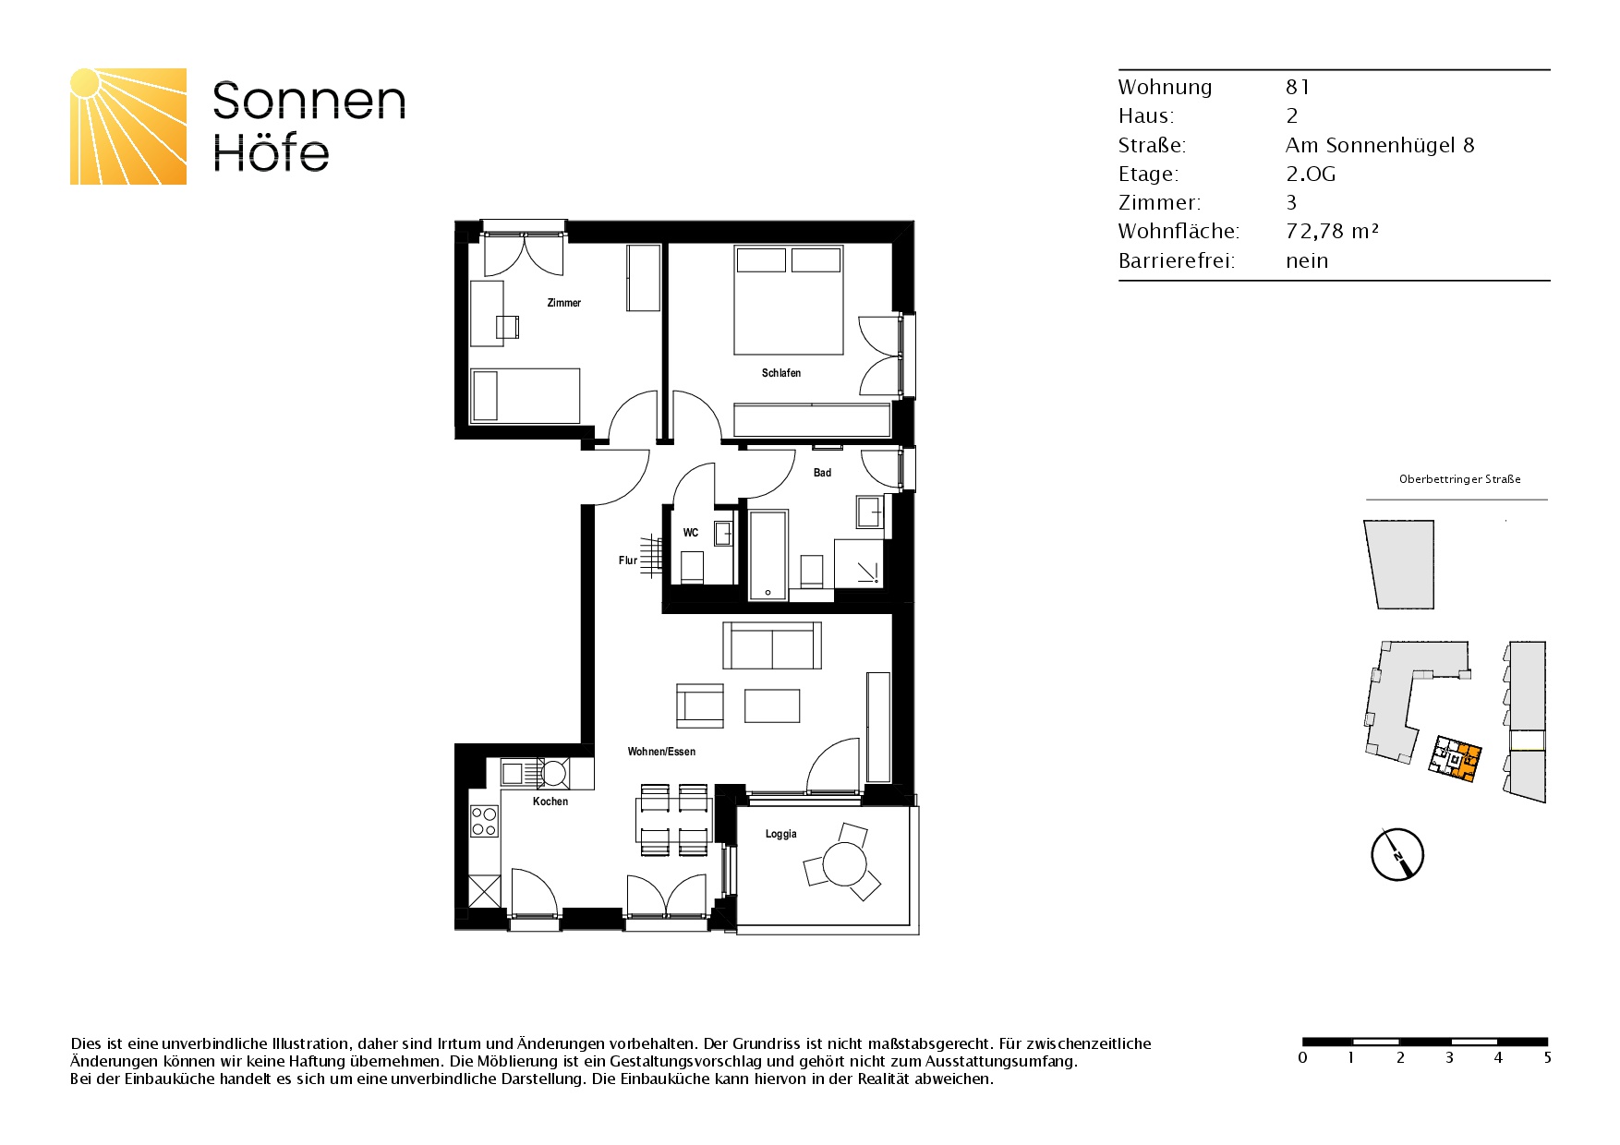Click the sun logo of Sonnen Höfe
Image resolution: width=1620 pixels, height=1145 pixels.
(x=128, y=127)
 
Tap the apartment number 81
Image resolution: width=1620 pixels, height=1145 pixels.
(x=1298, y=87)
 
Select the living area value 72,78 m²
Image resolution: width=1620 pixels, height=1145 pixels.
(x=1332, y=231)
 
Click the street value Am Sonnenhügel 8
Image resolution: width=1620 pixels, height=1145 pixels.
(x=1380, y=145)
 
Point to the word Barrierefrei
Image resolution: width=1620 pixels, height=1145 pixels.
(x=1177, y=260)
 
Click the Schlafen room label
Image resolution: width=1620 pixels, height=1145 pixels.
(x=781, y=373)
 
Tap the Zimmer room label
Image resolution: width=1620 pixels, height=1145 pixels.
(x=564, y=303)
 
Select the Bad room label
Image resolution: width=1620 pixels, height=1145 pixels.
(x=822, y=473)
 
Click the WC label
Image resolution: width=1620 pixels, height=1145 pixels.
(x=691, y=533)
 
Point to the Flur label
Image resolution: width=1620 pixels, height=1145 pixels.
(x=628, y=560)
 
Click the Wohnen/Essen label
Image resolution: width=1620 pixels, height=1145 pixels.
(x=661, y=752)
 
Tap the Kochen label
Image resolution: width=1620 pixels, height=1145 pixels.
(x=550, y=801)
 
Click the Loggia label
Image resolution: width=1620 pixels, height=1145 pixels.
(x=781, y=834)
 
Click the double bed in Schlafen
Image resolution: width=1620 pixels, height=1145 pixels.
(x=789, y=300)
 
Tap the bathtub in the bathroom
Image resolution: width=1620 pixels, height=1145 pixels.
(x=768, y=556)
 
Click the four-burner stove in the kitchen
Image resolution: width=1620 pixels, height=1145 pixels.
(x=485, y=821)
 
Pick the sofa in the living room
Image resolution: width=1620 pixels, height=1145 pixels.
(x=772, y=645)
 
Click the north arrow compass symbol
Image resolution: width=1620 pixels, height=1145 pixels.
(x=1397, y=854)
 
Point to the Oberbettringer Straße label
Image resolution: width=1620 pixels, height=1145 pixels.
(x=1460, y=479)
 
